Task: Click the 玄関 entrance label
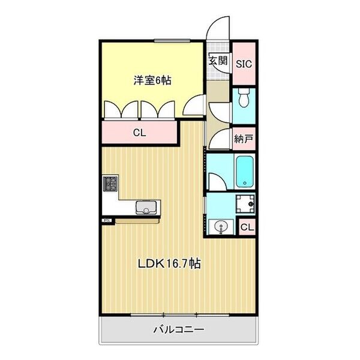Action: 218,60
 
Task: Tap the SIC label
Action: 243,63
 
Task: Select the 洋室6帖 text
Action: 152,80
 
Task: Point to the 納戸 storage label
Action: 244,139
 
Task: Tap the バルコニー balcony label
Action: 179,329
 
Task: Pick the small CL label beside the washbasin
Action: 248,227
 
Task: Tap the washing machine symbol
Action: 245,205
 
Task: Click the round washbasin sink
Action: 221,227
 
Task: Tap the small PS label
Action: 107,220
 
